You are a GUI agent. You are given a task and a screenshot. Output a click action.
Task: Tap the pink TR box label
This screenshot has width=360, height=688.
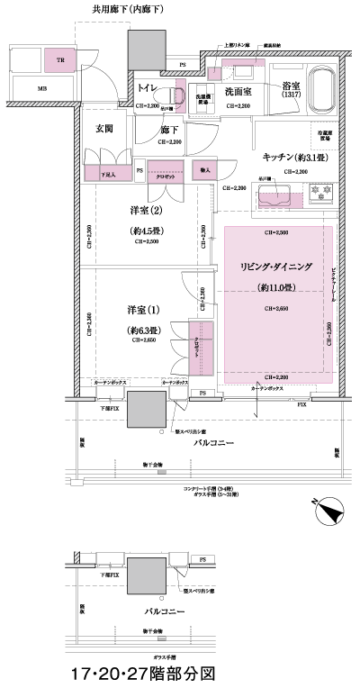pyautogui.click(x=61, y=60)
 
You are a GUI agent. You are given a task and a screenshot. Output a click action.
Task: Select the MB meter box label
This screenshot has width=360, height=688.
pyautogui.click(x=42, y=90)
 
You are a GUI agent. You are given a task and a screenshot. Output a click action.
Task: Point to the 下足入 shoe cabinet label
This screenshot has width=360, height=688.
pyautogui.click(x=107, y=174)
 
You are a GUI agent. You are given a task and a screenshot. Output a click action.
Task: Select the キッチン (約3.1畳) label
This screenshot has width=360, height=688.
pyautogui.click(x=294, y=157)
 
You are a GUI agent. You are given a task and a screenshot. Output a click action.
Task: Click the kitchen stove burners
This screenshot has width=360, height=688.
pyautogui.click(x=319, y=192)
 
